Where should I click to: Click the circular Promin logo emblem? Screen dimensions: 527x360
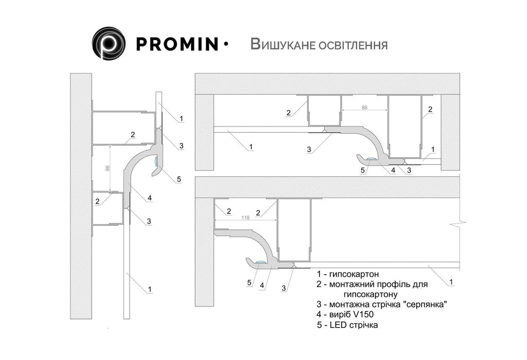(x=109, y=43)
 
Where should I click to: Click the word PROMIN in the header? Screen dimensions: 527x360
(x=177, y=44)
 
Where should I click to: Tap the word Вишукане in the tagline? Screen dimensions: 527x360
(x=281, y=44)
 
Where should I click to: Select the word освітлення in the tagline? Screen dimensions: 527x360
(x=351, y=45)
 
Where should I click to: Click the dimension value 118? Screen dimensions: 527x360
(x=245, y=218)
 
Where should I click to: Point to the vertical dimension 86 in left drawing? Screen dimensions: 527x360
(x=108, y=168)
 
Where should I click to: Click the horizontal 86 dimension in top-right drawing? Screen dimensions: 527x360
(x=364, y=107)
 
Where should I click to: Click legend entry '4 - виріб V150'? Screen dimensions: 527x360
(x=345, y=315)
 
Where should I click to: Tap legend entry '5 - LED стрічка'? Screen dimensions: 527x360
(x=347, y=325)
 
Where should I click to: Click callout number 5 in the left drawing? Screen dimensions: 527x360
(x=179, y=179)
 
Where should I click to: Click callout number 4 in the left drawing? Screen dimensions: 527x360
(x=150, y=198)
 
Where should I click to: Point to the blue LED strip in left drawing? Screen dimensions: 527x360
(x=156, y=161)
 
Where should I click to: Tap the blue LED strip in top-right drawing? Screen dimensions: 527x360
(x=372, y=158)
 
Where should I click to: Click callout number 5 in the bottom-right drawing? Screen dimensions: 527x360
(x=250, y=283)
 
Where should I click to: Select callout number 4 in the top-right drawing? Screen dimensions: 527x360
(x=393, y=170)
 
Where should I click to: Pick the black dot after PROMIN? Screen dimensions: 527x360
(x=225, y=44)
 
